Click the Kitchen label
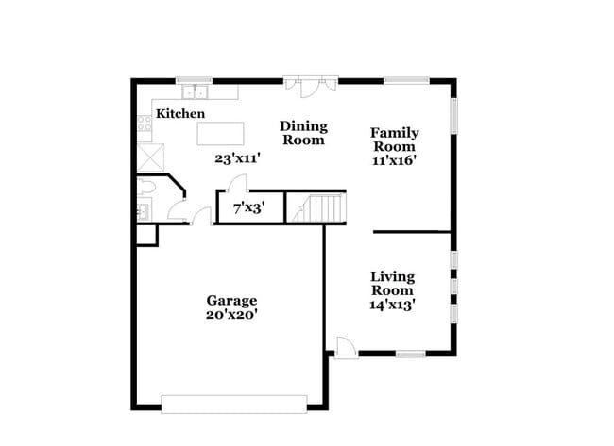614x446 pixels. coord(180,114)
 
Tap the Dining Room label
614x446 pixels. coord(303,133)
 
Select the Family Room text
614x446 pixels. coord(394,140)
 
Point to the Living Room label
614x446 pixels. coord(392,283)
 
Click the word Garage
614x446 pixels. coord(232,301)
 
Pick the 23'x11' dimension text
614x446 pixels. coord(237,159)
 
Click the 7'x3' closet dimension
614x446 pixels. coord(249,208)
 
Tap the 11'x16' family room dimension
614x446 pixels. coord(395,160)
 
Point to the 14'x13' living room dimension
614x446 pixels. coord(392,305)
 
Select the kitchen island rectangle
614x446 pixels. coord(220,133)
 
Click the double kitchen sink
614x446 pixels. coord(197,92)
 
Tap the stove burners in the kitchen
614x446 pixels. coord(145,123)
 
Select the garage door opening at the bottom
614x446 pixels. coord(234,404)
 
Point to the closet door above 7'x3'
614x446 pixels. coord(238,184)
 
